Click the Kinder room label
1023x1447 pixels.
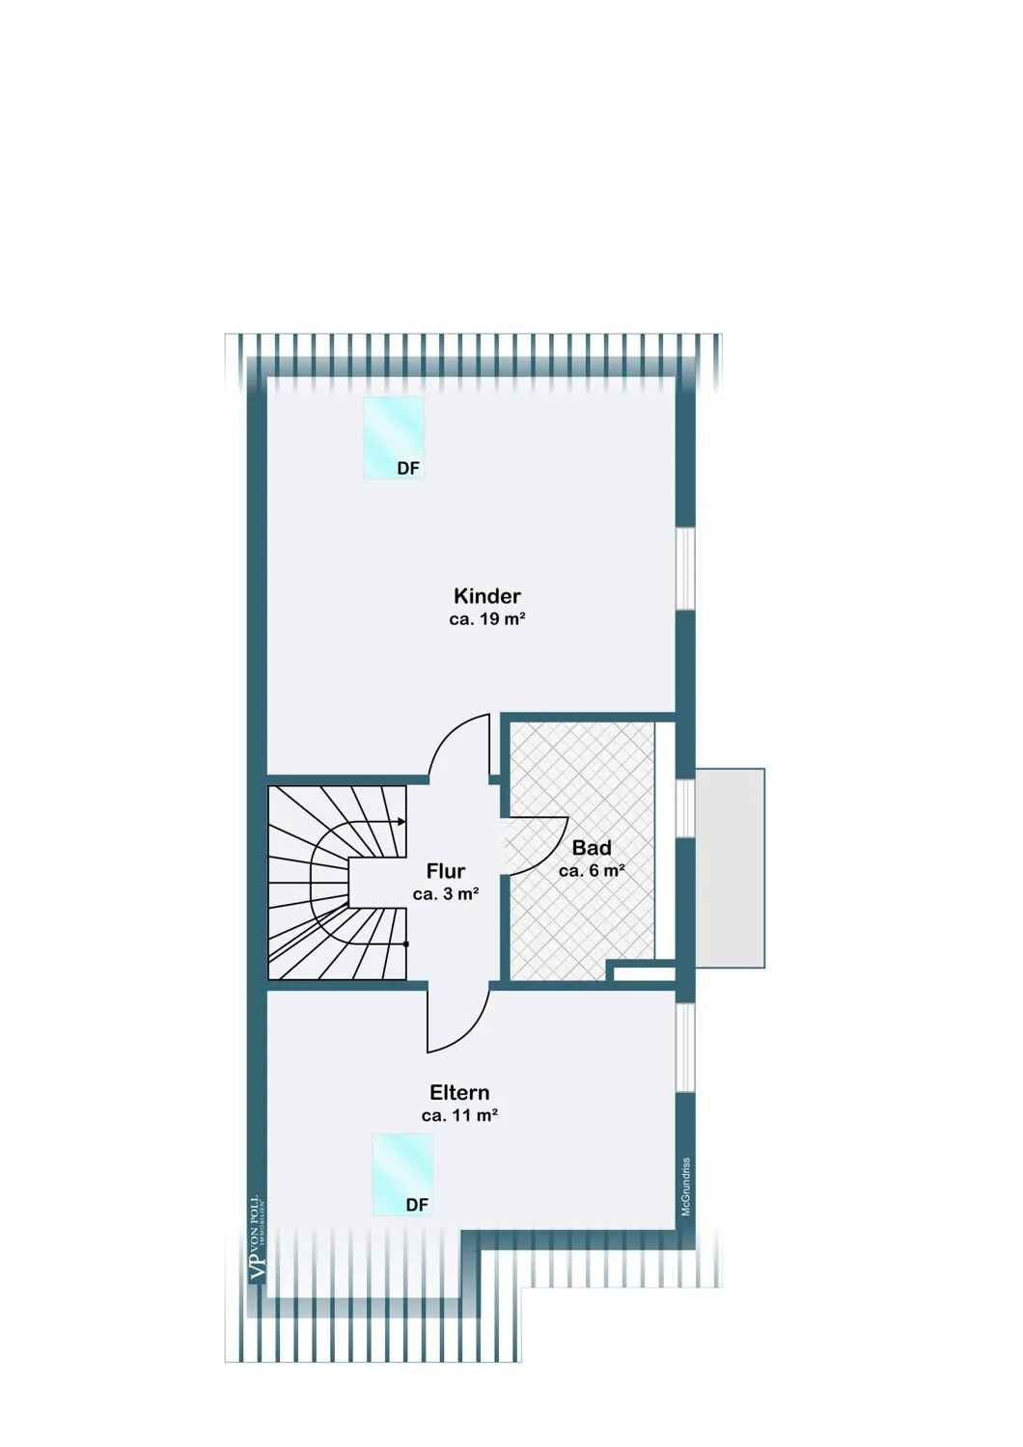pyautogui.click(x=486, y=595)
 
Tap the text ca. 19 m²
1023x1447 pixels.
pyautogui.click(x=486, y=619)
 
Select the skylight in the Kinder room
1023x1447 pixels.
pyautogui.click(x=393, y=437)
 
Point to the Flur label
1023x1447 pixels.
pyautogui.click(x=445, y=871)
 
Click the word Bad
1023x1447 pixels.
pyautogui.click(x=592, y=848)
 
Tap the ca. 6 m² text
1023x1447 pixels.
pyautogui.click(x=592, y=871)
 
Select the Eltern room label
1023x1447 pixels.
pyautogui.click(x=459, y=1092)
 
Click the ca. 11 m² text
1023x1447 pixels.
pyautogui.click(x=459, y=1115)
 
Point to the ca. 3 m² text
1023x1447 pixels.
pyautogui.click(x=445, y=894)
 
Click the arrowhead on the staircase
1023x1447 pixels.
pyautogui.click(x=401, y=822)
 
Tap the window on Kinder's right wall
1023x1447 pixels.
pyautogui.click(x=685, y=569)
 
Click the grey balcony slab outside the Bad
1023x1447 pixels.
pyautogui.click(x=730, y=868)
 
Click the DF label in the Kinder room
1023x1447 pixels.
pyautogui.click(x=408, y=468)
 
